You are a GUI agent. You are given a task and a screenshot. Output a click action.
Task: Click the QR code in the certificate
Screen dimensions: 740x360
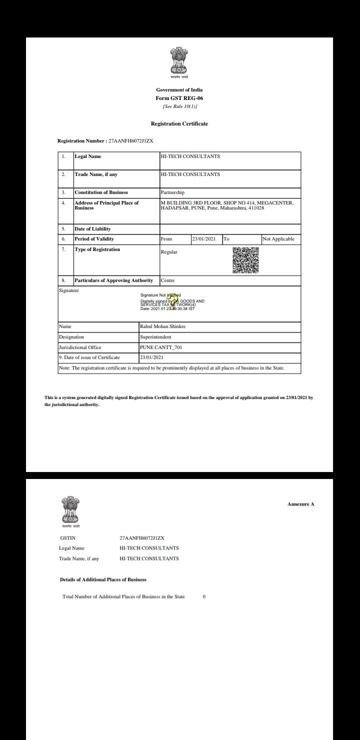point(246,260)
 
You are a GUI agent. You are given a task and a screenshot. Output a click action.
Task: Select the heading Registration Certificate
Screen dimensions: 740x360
point(179,123)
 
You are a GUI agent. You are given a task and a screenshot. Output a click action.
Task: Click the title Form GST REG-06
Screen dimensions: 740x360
point(179,98)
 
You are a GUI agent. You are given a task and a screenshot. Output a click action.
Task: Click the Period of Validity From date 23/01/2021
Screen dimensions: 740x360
point(203,239)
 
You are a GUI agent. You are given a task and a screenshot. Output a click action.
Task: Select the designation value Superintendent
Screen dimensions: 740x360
point(156,337)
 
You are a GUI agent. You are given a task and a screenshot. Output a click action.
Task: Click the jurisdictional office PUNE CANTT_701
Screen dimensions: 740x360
point(161,347)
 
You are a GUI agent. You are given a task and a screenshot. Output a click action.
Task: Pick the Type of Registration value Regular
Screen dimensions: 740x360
point(168,252)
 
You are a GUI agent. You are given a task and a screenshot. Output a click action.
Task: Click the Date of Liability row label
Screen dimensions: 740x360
point(92,229)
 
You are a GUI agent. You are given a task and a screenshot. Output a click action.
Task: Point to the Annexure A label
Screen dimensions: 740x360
point(300,504)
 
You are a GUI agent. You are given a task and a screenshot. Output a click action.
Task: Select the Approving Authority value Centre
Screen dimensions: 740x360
point(167,280)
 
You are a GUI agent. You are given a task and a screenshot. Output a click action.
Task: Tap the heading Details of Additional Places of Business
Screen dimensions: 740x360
point(103,579)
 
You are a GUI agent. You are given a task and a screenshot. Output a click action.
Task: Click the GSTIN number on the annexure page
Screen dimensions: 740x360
point(142,538)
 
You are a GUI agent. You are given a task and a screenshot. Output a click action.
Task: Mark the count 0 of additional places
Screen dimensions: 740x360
point(204,597)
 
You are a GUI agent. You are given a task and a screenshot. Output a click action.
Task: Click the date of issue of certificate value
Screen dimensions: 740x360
point(152,357)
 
